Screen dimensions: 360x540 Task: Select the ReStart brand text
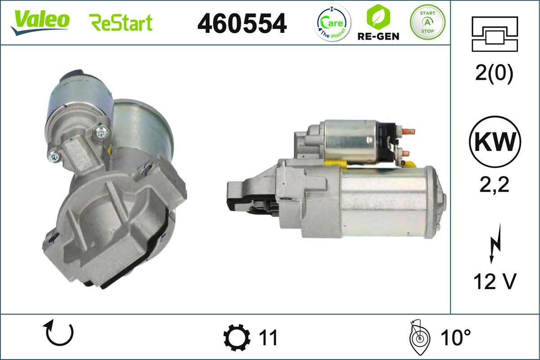[x=121, y=22]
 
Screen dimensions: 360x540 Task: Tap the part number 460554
[x=242, y=23]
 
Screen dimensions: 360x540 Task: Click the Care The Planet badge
[x=332, y=22]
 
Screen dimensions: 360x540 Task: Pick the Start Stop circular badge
[x=427, y=22]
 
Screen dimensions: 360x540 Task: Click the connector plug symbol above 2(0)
[x=495, y=34]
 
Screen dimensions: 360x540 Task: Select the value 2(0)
[x=494, y=74]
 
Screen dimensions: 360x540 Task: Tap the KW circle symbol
[x=495, y=141]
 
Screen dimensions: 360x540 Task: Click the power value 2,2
[x=495, y=184]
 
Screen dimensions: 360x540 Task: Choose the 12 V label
[x=495, y=282]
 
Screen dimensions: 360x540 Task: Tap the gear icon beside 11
[x=237, y=337]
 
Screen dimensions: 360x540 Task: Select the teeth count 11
[x=268, y=337]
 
